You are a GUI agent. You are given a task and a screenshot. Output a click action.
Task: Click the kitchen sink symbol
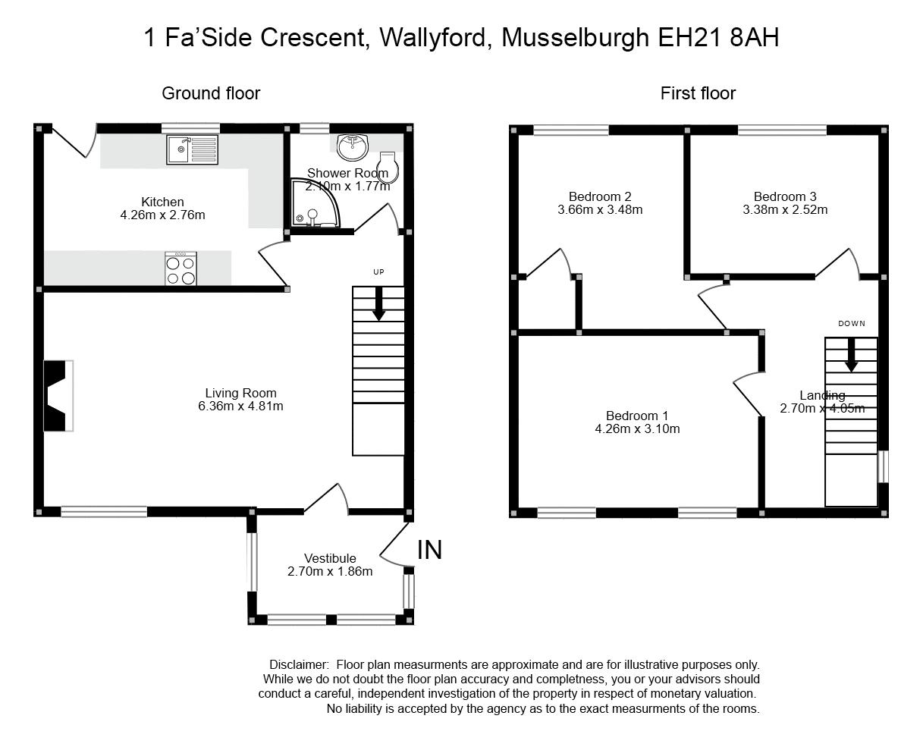(192, 149)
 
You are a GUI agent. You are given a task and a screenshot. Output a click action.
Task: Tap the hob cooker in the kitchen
(181, 268)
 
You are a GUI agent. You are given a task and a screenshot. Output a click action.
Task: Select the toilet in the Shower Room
(388, 168)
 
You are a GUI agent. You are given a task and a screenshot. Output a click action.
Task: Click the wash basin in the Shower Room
(352, 147)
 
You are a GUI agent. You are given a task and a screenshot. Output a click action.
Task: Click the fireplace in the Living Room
(58, 395)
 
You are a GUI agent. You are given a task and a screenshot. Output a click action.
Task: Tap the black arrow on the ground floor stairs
(378, 303)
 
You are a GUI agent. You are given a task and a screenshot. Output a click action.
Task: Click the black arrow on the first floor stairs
(851, 354)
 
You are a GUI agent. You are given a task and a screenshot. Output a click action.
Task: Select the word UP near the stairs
(378, 271)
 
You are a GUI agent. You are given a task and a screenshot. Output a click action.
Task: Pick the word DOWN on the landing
(851, 324)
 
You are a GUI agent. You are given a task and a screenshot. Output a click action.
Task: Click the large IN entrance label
(429, 550)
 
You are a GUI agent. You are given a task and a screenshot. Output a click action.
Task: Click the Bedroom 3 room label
(784, 196)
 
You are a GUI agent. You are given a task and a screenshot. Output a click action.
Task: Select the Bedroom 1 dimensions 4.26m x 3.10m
(637, 428)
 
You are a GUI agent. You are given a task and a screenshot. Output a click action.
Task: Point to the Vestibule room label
(330, 559)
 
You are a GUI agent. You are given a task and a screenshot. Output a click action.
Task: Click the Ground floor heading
(211, 93)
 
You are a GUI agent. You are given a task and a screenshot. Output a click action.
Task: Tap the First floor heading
(698, 93)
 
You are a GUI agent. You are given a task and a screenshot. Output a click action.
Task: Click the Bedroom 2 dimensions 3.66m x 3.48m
(599, 209)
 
